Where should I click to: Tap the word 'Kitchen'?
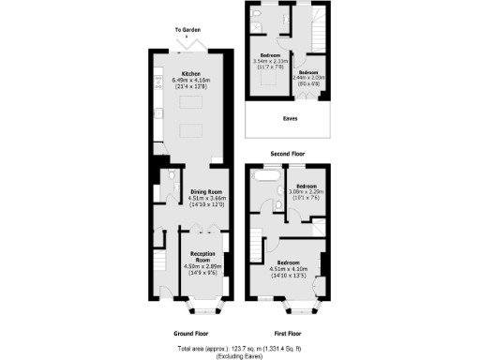(191, 73)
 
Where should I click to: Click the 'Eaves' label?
(290, 119)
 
